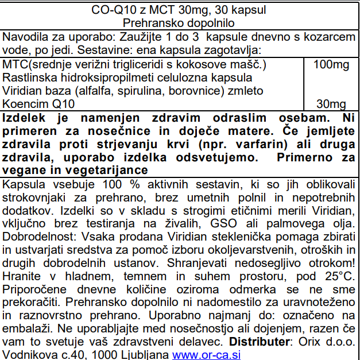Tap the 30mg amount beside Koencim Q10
point(331,104)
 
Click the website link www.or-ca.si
point(206,354)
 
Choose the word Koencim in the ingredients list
point(24,104)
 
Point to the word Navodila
point(25,37)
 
